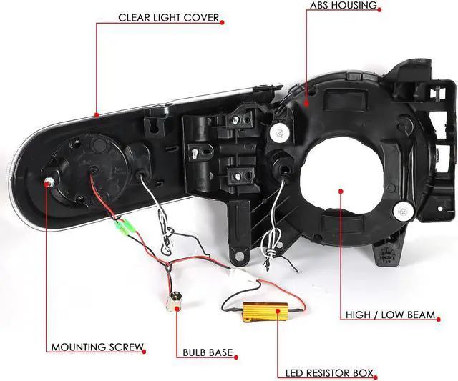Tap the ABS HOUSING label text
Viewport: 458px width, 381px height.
tap(343, 5)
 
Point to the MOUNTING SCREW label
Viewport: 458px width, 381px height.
tap(97, 348)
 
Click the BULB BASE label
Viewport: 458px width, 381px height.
tap(205, 352)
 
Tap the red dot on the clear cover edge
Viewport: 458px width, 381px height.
tap(96, 114)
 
